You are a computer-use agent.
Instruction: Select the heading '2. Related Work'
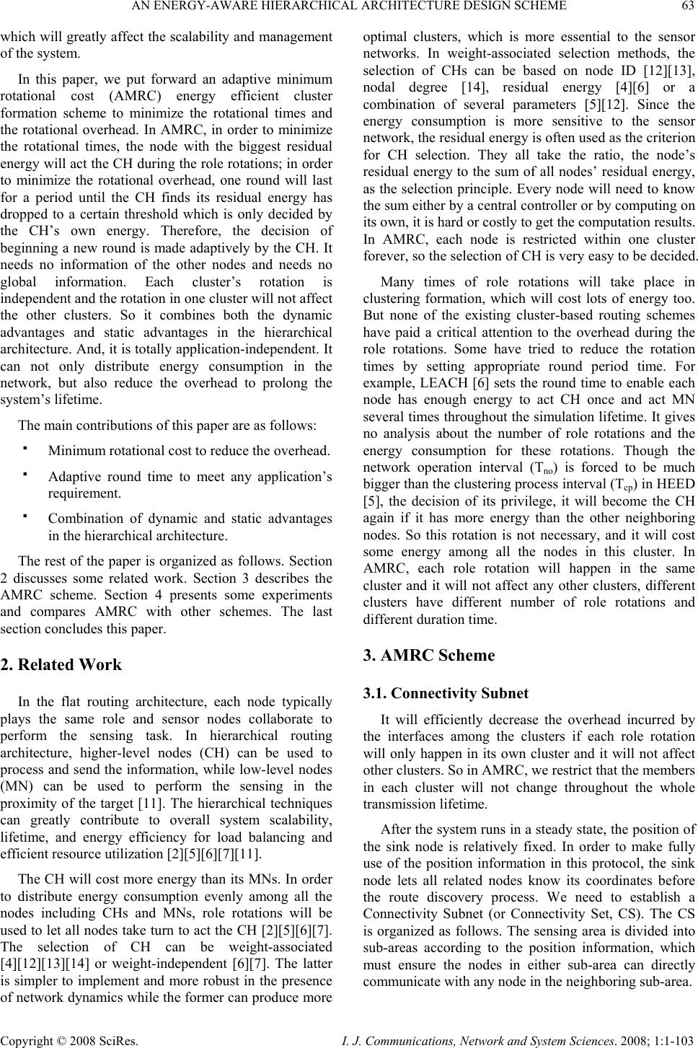pos(62,665)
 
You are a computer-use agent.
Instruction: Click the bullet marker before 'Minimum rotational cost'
pos(25,448)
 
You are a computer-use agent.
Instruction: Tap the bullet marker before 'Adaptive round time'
pos(25,475)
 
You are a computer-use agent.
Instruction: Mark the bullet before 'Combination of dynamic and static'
pos(25,517)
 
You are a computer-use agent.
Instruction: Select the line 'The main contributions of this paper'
pos(167,425)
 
